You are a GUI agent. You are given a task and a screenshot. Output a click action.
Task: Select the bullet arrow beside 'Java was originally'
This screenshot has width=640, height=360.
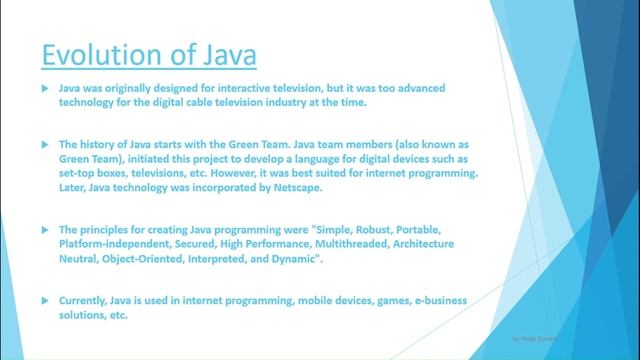[x=44, y=89]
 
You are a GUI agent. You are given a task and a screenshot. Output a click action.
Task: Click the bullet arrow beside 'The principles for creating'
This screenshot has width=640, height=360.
[x=44, y=230]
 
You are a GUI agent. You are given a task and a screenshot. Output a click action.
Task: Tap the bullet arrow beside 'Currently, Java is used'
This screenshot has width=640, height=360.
[x=44, y=300]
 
